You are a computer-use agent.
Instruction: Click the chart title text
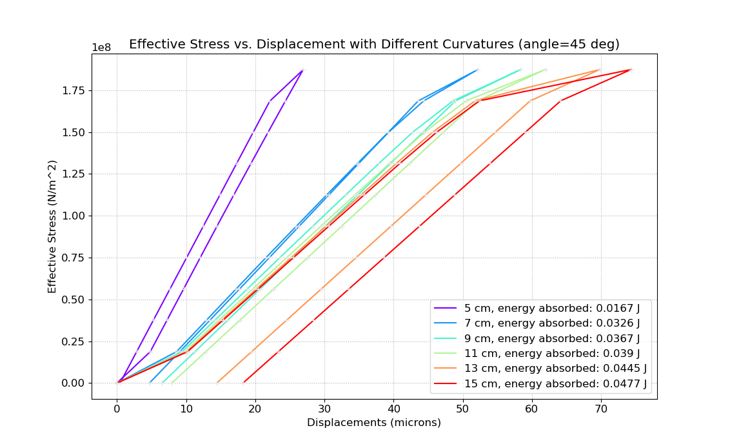click(x=374, y=44)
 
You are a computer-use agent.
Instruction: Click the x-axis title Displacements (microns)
click(x=374, y=423)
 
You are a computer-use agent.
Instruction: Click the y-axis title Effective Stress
click(x=52, y=226)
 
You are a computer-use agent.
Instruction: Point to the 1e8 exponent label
click(x=101, y=48)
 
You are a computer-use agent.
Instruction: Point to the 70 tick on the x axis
click(x=601, y=408)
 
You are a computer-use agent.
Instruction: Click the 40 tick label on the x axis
click(x=393, y=408)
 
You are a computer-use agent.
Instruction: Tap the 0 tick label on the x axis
click(x=117, y=408)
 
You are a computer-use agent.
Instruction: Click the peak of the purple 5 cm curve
click(x=302, y=70)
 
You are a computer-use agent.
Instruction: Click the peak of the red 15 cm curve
click(x=630, y=70)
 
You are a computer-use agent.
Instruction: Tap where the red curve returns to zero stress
click(x=243, y=383)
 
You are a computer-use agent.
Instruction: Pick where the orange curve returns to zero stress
click(x=217, y=383)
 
